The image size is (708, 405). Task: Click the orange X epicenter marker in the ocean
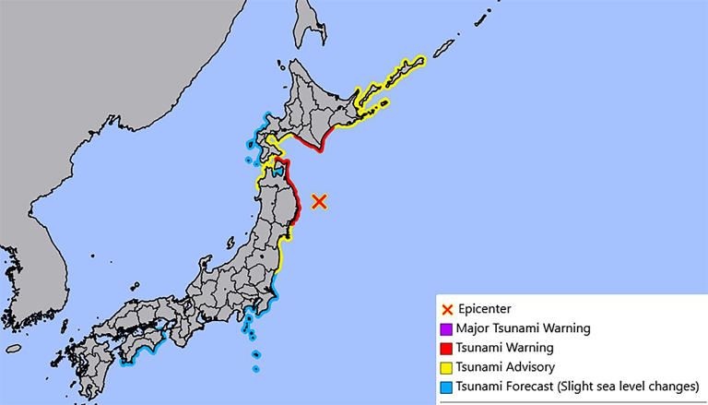pyautogui.click(x=320, y=201)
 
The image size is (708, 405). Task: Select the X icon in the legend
pyautogui.click(x=447, y=309)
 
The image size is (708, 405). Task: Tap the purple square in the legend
pyautogui.click(x=447, y=328)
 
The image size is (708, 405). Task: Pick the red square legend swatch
pyautogui.click(x=447, y=348)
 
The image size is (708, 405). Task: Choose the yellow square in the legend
pyautogui.click(x=447, y=367)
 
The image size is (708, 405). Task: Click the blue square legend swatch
pyautogui.click(x=447, y=386)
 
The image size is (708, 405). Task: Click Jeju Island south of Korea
pyautogui.click(x=13, y=349)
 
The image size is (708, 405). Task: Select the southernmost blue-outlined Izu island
pyautogui.click(x=255, y=370)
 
